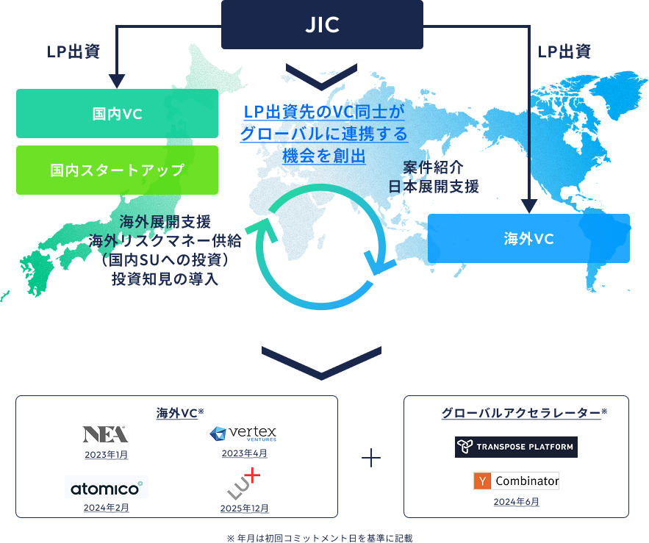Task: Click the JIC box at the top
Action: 322,24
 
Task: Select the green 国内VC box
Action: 117,114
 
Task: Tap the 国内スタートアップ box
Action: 117,170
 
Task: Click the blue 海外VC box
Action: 528,238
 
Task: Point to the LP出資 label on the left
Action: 73,51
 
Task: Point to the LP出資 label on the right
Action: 564,51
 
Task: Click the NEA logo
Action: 104,433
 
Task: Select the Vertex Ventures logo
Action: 243,434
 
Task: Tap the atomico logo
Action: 107,486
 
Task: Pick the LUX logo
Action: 244,483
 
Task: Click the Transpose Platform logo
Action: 516,447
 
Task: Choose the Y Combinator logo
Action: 516,481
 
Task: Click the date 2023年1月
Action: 105,456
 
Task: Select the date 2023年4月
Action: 244,453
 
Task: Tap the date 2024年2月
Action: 107,507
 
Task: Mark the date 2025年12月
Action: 244,508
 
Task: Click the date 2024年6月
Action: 517,502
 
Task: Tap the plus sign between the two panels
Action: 371,458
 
